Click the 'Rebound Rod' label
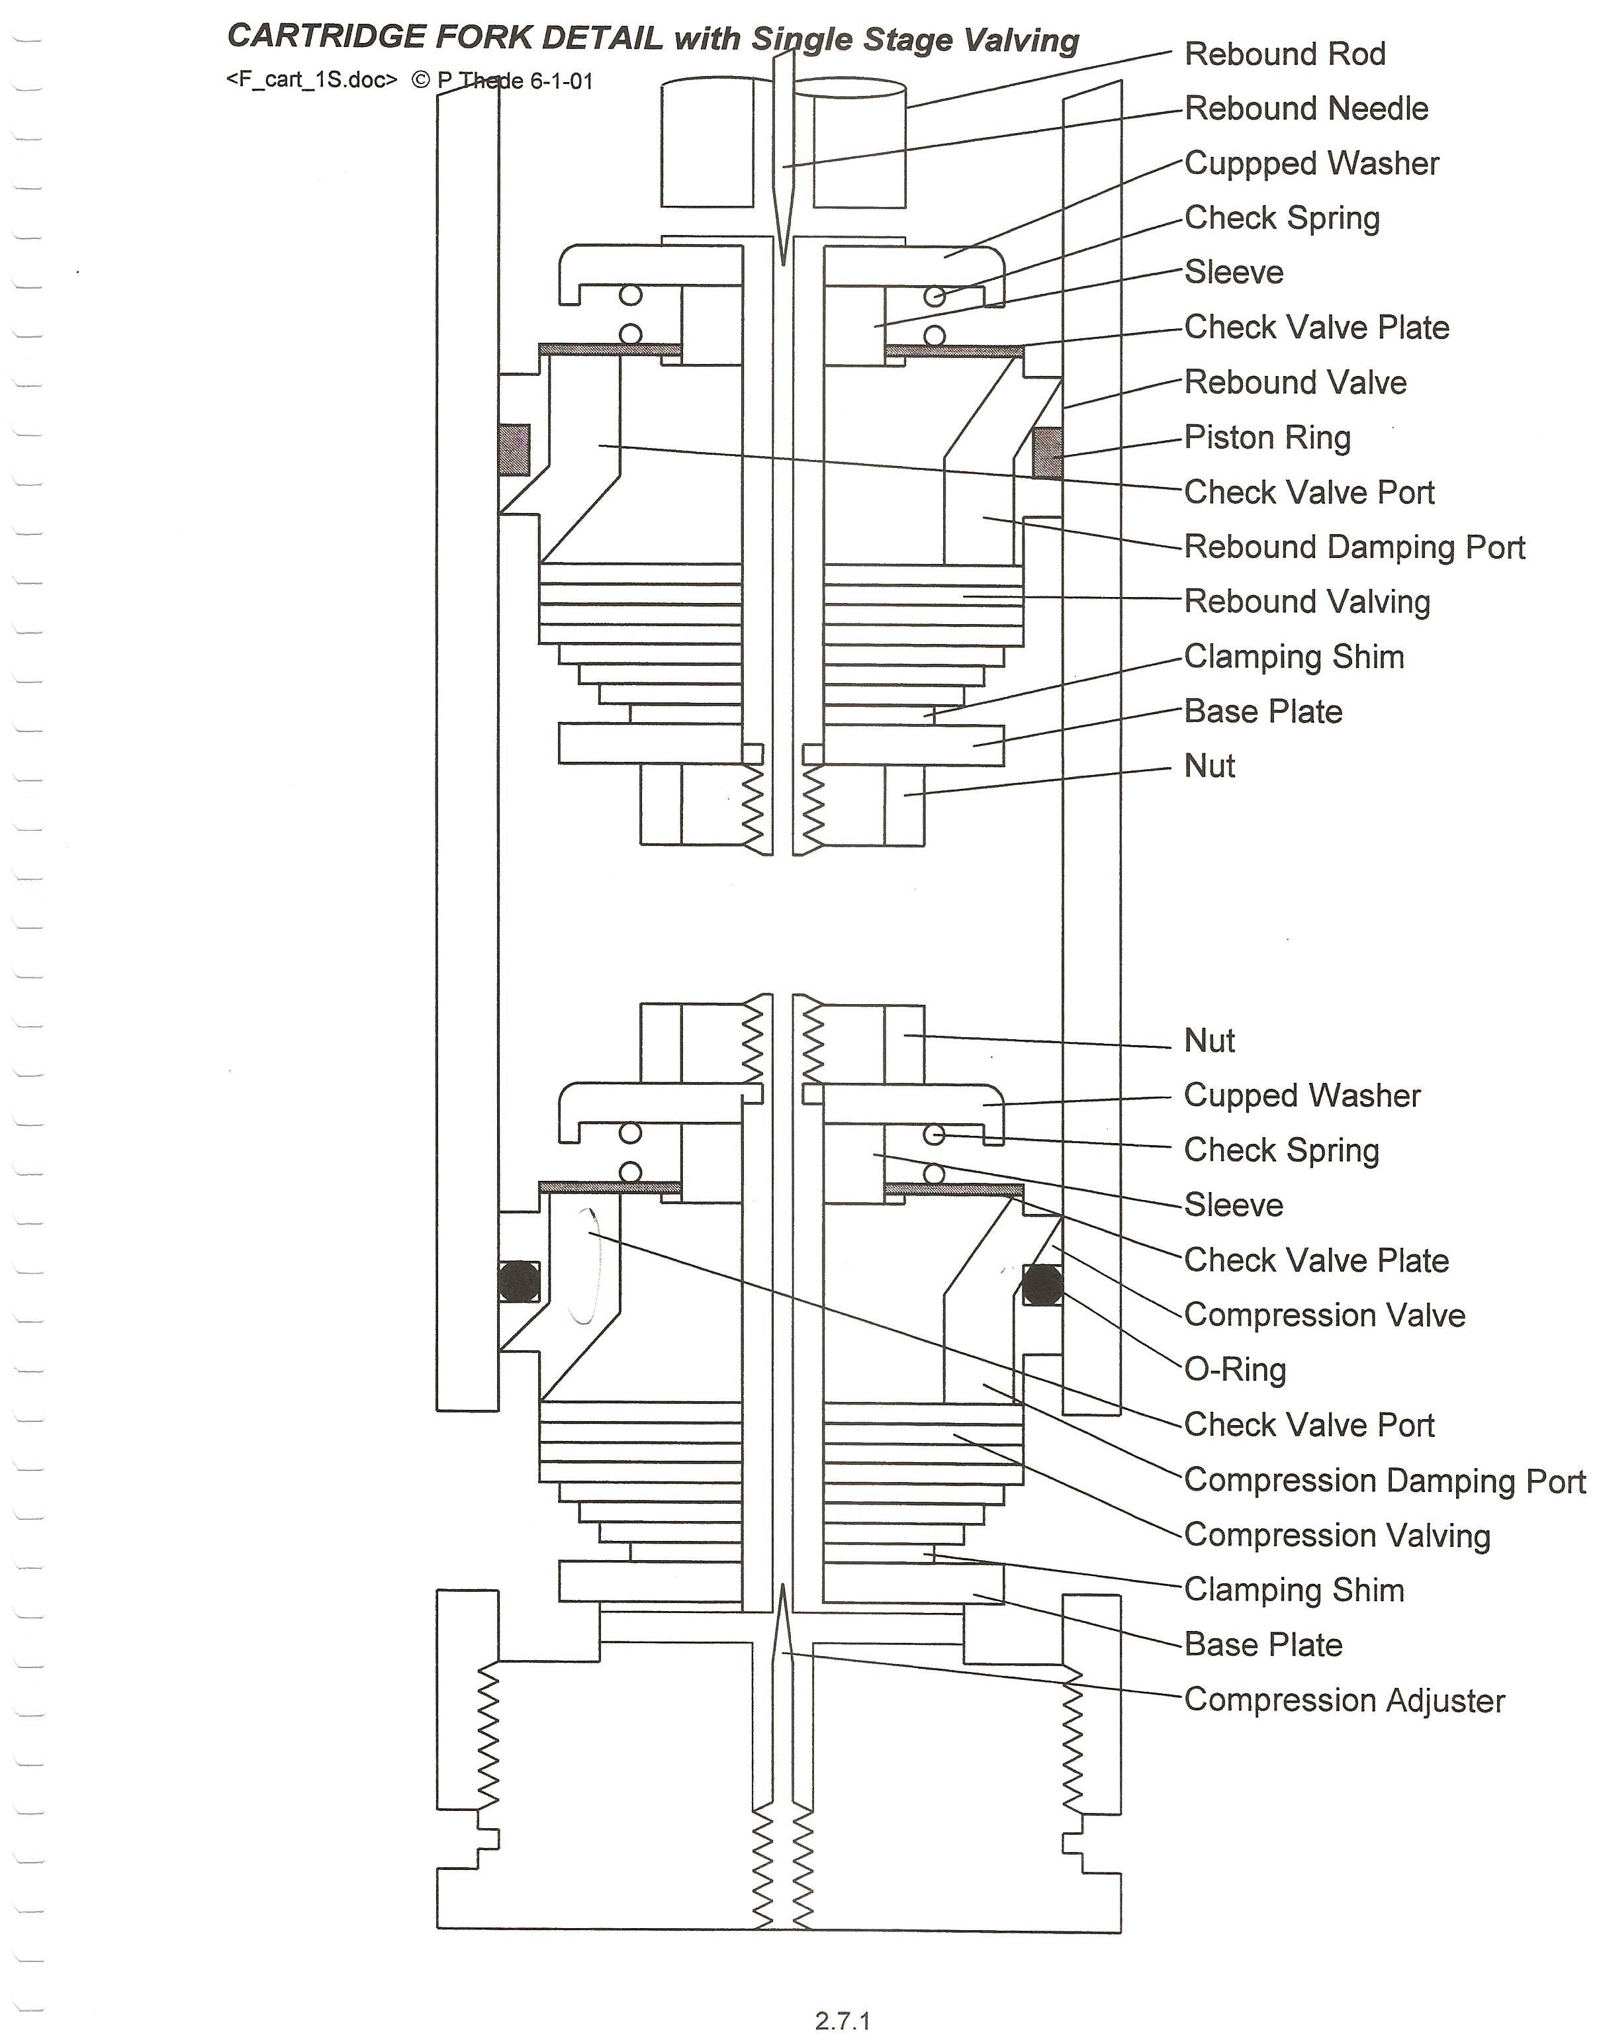[x=1285, y=54]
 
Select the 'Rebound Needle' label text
[x=1306, y=109]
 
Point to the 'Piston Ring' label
[x=1267, y=438]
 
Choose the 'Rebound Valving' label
[x=1307, y=602]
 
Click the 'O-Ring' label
[x=1235, y=1369]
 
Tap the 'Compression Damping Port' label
[x=1385, y=1480]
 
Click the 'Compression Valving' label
[x=1337, y=1536]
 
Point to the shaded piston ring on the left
[x=514, y=449]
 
